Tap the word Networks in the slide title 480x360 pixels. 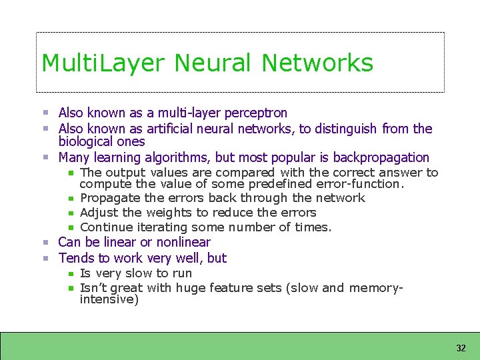[x=317, y=63]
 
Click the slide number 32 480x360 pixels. [x=461, y=348]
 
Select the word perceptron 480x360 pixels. [x=256, y=113]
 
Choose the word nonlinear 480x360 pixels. [x=183, y=243]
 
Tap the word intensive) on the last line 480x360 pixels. [x=109, y=300]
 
